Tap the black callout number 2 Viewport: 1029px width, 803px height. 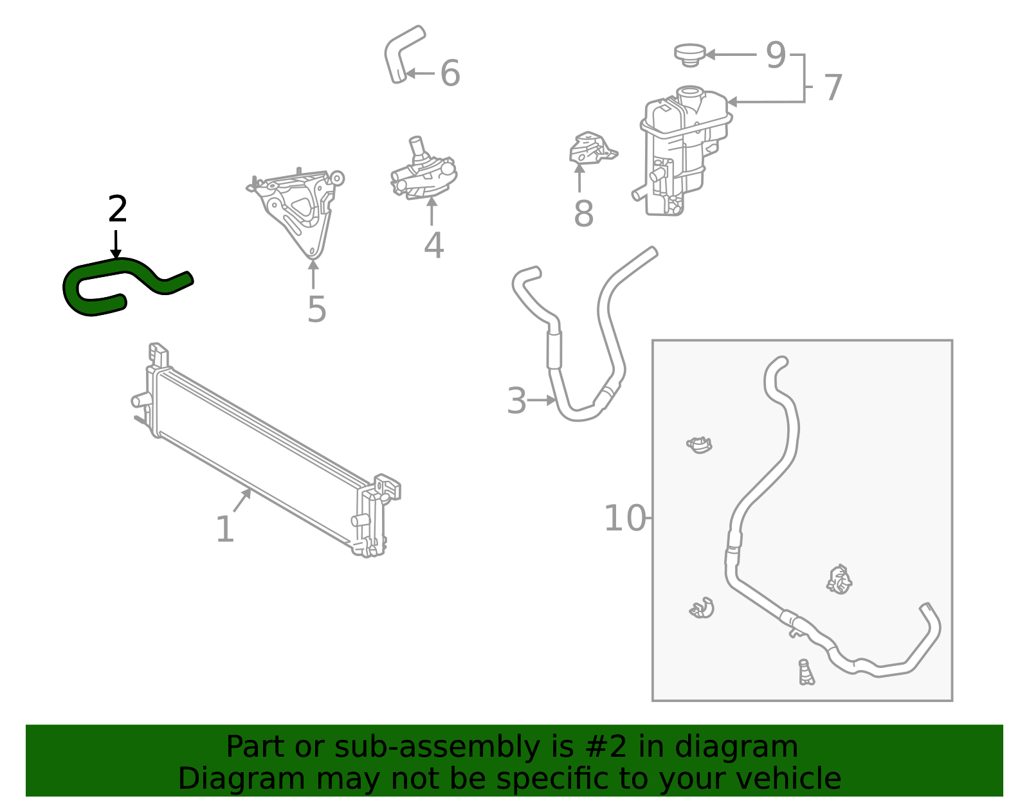pos(118,209)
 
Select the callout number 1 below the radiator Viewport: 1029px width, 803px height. pos(224,530)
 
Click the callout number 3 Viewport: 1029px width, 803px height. pos(516,401)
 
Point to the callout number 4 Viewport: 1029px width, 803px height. pos(433,245)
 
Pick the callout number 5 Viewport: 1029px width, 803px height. pos(316,309)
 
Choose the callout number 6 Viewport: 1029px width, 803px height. pos(450,73)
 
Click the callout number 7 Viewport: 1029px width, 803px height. pos(833,87)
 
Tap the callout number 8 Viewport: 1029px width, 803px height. pos(583,213)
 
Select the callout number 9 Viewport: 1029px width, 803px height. pos(776,55)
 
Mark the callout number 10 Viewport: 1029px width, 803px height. pos(624,518)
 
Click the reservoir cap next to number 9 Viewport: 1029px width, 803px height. pos(689,53)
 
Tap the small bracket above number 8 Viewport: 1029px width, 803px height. pos(590,148)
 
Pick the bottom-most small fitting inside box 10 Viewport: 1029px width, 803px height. pos(806,672)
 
